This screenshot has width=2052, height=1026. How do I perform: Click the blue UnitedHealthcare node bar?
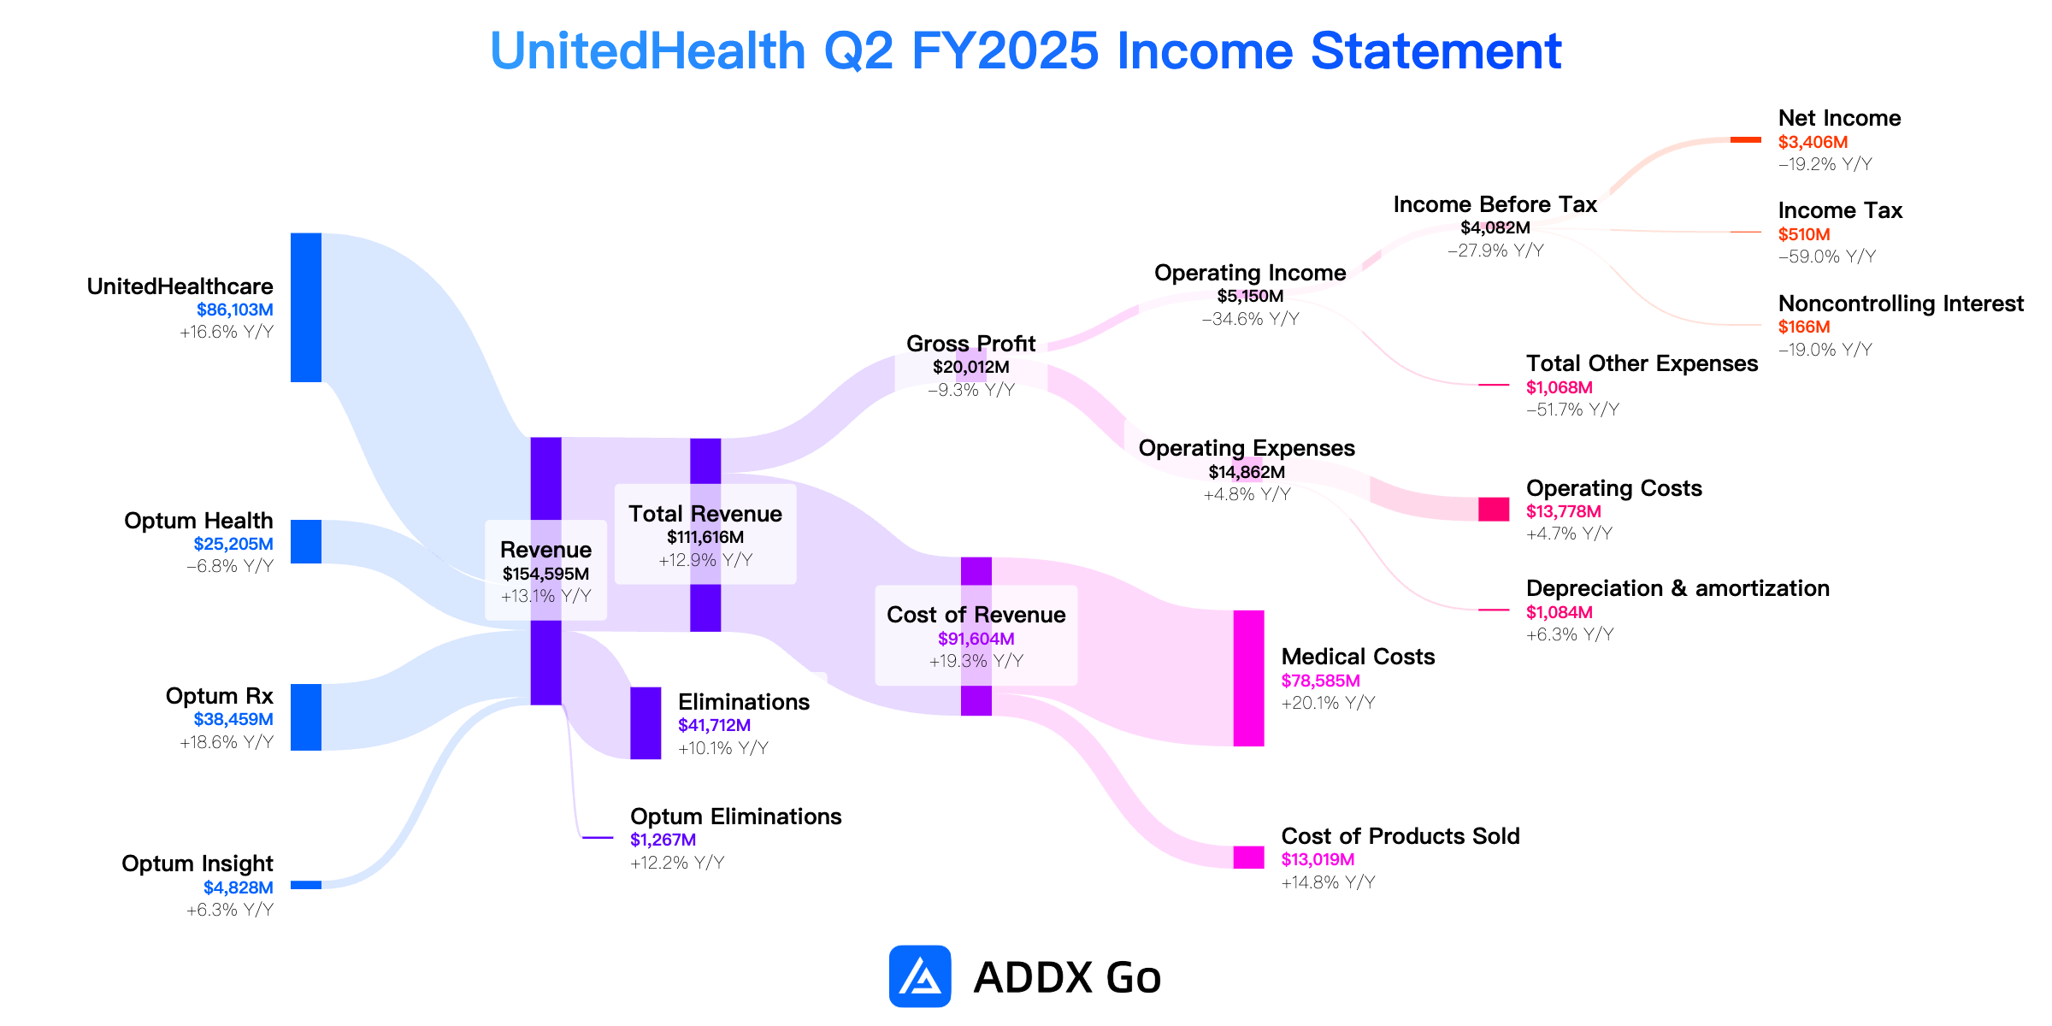point(306,307)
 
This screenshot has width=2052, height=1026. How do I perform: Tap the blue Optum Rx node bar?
point(306,717)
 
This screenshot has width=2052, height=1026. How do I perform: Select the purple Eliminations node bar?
point(646,723)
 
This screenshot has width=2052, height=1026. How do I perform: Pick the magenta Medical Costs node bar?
point(1248,678)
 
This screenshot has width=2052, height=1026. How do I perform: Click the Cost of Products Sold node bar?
point(1248,858)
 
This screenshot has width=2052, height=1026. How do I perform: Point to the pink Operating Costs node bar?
point(1494,510)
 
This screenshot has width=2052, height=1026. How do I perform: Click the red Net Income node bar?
point(1746,139)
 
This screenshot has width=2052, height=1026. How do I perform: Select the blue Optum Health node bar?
point(306,542)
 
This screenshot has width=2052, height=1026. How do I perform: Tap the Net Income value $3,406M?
point(1813,142)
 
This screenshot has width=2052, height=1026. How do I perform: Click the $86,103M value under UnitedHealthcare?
point(235,310)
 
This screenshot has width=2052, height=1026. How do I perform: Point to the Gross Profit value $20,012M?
point(971,367)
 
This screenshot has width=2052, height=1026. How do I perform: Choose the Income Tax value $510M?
point(1804,234)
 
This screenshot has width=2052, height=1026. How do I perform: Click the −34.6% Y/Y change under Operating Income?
point(1250,319)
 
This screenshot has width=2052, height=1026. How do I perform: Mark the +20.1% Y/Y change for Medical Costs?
point(1328,703)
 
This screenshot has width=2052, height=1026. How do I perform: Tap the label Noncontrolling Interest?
point(1901,304)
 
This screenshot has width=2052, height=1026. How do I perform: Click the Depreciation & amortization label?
point(1678,588)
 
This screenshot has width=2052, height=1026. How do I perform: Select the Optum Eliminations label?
point(735,817)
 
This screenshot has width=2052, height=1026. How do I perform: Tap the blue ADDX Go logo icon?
point(920,976)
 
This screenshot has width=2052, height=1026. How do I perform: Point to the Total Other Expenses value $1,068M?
point(1560,387)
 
